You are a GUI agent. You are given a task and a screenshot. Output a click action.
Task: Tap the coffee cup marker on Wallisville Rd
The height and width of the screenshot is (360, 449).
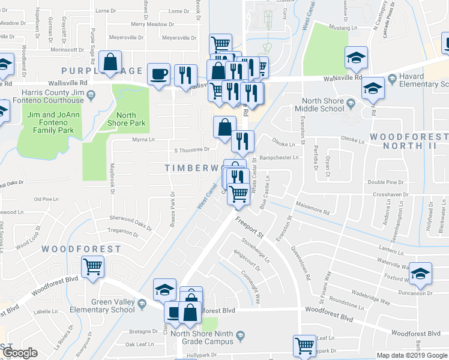159,74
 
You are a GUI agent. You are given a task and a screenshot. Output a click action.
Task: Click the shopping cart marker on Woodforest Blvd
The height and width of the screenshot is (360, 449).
93,266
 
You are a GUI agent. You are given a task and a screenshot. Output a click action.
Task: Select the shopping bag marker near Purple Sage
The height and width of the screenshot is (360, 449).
111,62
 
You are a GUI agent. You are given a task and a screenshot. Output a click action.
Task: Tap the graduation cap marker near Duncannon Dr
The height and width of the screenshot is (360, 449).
421,273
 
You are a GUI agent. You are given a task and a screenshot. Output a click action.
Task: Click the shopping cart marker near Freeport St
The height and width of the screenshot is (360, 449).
239,193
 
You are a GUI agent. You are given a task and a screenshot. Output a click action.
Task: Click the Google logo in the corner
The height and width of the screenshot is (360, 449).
20,353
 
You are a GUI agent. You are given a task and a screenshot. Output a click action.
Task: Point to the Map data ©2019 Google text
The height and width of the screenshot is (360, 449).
412,355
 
